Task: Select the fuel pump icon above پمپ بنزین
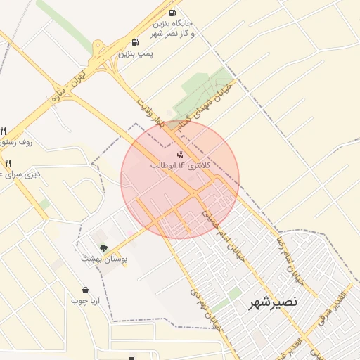coord(135,42)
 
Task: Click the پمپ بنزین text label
coord(135,53)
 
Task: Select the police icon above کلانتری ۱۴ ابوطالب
coord(180,154)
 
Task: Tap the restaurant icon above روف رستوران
coord(4,131)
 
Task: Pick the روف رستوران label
coord(17,142)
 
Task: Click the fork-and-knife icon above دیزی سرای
coord(8,164)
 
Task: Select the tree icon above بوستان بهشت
coord(104,247)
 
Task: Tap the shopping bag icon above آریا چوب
coord(86,290)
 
